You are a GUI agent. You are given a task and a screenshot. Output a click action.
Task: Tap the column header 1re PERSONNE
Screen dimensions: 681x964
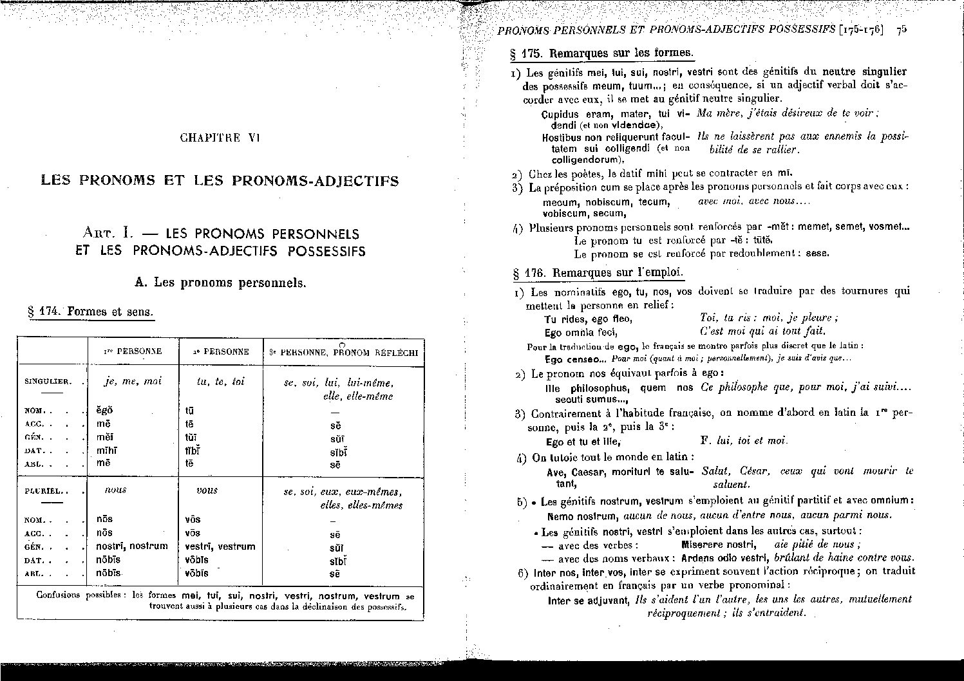pos(133,352)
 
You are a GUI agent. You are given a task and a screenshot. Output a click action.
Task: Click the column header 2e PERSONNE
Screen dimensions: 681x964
pos(221,352)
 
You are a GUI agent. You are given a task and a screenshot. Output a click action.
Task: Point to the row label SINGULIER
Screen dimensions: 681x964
pos(48,381)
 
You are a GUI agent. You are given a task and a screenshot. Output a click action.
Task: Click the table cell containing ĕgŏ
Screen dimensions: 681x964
pos(104,410)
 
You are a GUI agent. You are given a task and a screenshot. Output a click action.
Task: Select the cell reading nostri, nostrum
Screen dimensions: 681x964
pos(131,546)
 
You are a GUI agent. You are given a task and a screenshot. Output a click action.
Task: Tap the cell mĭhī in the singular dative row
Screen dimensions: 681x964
pos(106,451)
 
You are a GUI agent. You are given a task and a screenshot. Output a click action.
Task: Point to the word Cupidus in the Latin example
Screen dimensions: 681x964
pos(560,114)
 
